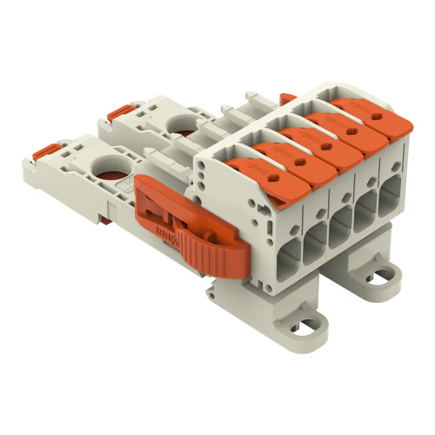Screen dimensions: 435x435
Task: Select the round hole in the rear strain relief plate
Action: point(184,124)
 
